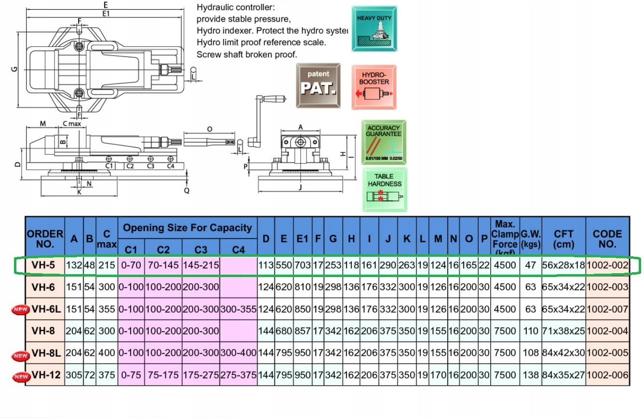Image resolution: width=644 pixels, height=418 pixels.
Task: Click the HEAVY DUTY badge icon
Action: click(374, 28)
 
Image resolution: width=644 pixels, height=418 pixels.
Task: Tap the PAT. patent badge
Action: click(318, 85)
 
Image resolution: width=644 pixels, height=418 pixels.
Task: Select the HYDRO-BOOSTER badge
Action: click(375, 87)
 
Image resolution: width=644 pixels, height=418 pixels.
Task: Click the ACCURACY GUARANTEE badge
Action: click(384, 142)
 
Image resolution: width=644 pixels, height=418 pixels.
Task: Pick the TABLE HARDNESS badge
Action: click(384, 189)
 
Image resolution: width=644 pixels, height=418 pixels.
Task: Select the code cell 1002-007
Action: click(607, 309)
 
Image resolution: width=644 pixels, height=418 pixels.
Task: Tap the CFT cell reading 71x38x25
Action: click(563, 331)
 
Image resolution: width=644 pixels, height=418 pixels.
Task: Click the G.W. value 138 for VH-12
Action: click(531, 375)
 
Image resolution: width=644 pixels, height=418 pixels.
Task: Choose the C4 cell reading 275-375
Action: click(239, 375)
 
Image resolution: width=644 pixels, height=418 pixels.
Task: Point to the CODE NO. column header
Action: click(607, 238)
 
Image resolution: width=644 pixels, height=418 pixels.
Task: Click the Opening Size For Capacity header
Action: click(188, 228)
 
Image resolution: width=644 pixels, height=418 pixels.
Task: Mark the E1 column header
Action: click(302, 238)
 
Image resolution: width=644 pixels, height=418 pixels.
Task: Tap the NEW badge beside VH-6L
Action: click(20, 309)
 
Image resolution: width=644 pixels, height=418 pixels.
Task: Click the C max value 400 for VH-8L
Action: click(107, 353)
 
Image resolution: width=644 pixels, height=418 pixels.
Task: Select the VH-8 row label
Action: click(44, 331)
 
